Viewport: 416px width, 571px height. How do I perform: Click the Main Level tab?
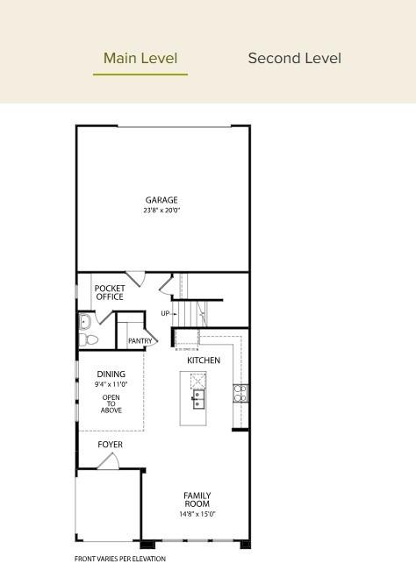140,59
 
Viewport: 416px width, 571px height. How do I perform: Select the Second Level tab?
294,59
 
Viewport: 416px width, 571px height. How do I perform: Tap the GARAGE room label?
161,200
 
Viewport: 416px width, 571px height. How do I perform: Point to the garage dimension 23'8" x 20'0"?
161,211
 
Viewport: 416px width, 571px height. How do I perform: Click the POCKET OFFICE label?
110,292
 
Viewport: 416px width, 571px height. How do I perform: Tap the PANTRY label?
140,341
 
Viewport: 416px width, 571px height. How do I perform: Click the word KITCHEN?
204,360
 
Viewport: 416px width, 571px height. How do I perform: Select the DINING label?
111,375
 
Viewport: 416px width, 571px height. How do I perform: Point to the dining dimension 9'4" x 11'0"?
111,384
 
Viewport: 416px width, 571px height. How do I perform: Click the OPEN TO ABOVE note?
111,403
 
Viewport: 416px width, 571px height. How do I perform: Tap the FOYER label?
110,445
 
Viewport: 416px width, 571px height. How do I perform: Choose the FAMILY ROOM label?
197,500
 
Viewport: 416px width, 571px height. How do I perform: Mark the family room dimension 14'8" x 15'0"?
197,514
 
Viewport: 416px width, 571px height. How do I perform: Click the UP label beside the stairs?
165,313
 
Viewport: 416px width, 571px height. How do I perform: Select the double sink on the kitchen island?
198,399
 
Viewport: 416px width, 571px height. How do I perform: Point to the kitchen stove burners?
240,393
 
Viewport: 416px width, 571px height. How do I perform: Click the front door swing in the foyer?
108,462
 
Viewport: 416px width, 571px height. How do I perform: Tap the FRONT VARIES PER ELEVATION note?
119,559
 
